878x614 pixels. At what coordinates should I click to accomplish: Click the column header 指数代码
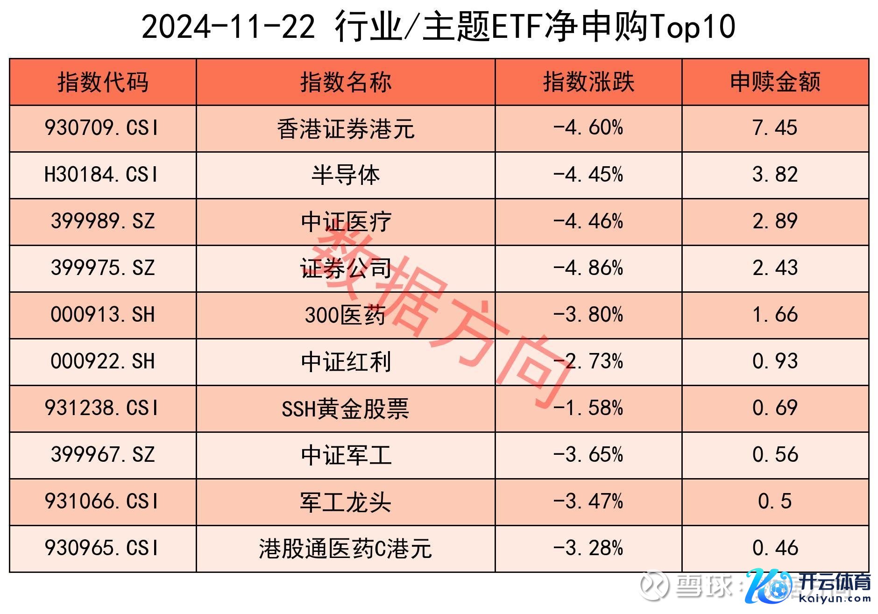point(103,82)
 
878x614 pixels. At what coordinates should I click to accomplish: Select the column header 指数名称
point(346,82)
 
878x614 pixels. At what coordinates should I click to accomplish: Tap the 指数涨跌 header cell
point(588,82)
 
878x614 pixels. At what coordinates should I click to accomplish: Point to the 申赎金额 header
point(775,82)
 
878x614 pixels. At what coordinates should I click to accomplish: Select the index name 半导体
point(346,175)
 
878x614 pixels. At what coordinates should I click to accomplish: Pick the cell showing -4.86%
point(588,268)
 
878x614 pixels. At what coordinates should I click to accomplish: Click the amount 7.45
point(775,128)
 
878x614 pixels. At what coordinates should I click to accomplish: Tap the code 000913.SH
point(103,315)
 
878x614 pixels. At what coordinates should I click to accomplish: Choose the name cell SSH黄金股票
point(346,409)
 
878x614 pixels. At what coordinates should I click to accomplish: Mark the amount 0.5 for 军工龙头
point(775,501)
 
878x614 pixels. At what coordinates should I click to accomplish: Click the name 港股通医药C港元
point(346,549)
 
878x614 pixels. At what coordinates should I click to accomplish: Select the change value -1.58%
point(588,408)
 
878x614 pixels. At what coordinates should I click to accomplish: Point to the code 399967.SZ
point(103,455)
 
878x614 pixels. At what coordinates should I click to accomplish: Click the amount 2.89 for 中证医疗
point(775,221)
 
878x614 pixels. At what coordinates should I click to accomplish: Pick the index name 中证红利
point(346,362)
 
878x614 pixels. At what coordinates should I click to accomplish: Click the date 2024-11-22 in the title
point(228,27)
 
